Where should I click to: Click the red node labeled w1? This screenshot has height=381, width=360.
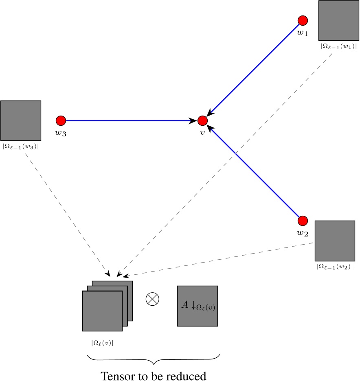click(x=303, y=20)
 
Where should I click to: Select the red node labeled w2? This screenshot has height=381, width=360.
click(x=303, y=221)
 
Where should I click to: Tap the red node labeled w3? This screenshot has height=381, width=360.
click(x=61, y=120)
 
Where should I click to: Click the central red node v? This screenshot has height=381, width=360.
click(x=202, y=120)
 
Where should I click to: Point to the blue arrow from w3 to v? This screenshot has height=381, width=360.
click(x=130, y=120)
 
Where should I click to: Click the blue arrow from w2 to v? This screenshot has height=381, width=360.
click(x=255, y=173)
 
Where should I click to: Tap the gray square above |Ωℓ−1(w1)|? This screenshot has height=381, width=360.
click(x=339, y=20)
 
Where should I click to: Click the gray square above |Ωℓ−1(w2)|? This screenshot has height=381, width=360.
click(x=335, y=241)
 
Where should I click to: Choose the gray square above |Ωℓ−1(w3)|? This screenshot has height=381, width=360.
click(x=21, y=120)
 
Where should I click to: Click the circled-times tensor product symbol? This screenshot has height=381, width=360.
click(x=152, y=299)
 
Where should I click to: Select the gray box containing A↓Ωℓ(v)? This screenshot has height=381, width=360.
click(x=198, y=306)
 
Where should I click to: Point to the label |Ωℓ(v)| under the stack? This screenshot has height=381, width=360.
click(x=102, y=343)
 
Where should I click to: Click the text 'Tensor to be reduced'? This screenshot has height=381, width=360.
click(x=154, y=375)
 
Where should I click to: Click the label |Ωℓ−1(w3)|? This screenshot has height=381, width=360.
click(x=21, y=146)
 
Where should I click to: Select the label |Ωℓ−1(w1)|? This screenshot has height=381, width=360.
click(x=339, y=46)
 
